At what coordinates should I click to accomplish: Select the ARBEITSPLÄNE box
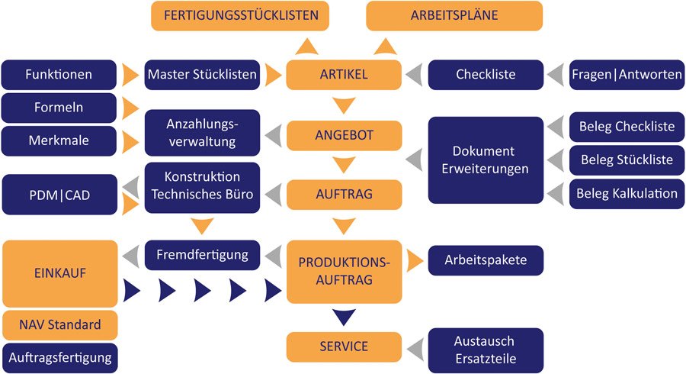pyautogui.click(x=454, y=15)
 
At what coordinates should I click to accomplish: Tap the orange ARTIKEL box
pyautogui.click(x=344, y=75)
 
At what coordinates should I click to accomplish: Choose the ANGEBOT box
pyautogui.click(x=344, y=135)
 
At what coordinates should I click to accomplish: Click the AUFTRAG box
pyautogui.click(x=344, y=195)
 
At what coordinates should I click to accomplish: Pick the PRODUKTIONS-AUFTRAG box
pyautogui.click(x=344, y=271)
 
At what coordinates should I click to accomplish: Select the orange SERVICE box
pyautogui.click(x=344, y=347)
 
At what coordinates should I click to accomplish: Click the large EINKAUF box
pyautogui.click(x=59, y=272)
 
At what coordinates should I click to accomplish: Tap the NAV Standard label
pyautogui.click(x=59, y=325)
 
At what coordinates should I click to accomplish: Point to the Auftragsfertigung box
pyautogui.click(x=59, y=356)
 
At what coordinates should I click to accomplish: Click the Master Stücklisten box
pyautogui.click(x=202, y=75)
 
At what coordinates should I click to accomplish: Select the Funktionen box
pyautogui.click(x=59, y=75)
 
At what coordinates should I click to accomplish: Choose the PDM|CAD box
pyautogui.click(x=59, y=195)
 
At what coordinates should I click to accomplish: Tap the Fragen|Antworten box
pyautogui.click(x=627, y=75)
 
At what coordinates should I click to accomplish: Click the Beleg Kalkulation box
pyautogui.click(x=627, y=193)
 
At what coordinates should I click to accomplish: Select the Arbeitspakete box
pyautogui.click(x=485, y=260)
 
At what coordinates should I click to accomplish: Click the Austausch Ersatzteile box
pyautogui.click(x=485, y=349)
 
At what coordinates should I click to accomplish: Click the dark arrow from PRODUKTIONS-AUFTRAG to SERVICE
pyautogui.click(x=344, y=316)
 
